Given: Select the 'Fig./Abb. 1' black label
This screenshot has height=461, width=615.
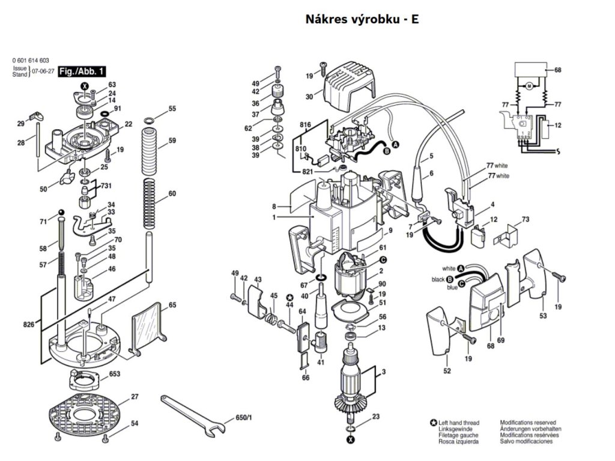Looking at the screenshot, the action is [x=82, y=71].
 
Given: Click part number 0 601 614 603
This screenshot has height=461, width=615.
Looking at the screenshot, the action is [x=31, y=61].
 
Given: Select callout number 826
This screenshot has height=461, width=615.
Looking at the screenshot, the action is [x=28, y=324].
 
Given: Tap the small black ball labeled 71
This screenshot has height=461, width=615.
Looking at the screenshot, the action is [x=61, y=212].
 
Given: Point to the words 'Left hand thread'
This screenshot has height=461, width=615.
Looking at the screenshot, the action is [x=458, y=423].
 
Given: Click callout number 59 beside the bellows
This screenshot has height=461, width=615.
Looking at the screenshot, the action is [x=172, y=140].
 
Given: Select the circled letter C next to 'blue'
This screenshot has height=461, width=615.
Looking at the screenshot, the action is [x=461, y=284].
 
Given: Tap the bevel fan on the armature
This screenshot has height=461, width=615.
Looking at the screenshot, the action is [x=348, y=405].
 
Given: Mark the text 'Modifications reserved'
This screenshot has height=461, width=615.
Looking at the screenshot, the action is [x=528, y=423].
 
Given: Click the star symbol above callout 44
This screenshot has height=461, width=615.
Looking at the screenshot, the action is [x=289, y=297].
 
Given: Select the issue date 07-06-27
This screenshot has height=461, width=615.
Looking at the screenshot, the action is [x=43, y=71].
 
